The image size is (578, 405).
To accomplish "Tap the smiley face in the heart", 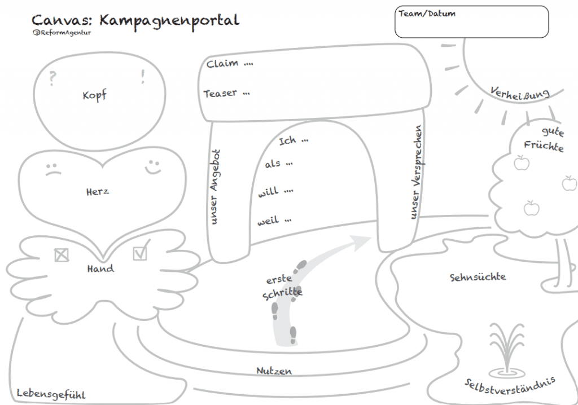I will point(152,166).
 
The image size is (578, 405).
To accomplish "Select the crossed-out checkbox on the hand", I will point(61,255).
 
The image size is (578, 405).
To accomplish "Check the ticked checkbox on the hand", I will point(141,252).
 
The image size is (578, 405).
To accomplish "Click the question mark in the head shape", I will point(52,78).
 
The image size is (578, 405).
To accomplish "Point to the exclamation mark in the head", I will point(143,76).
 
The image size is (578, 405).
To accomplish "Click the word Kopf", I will point(94,95).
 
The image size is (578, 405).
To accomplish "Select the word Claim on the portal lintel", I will point(222,64).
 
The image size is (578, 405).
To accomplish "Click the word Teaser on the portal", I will point(220,93).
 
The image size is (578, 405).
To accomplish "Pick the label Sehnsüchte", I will point(478,277).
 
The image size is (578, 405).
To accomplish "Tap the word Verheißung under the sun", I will point(519,94).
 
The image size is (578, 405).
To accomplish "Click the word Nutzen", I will point(274,371).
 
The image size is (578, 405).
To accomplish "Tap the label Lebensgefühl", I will point(51,394).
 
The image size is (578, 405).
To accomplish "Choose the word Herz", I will point(98,191).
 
